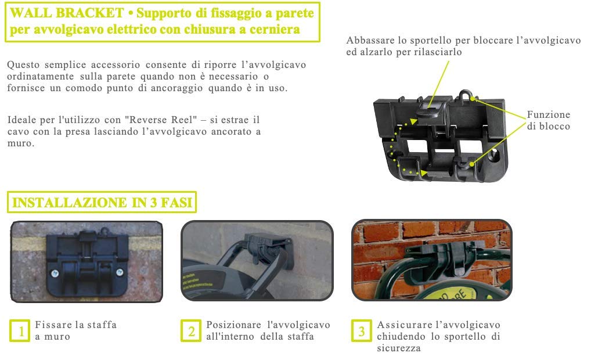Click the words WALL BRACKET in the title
point(67,13)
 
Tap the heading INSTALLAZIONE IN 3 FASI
point(102,203)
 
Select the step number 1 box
point(20,331)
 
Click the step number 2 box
point(191,331)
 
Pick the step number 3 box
point(362,331)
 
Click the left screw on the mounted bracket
point(55,273)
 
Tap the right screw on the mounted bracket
point(120,272)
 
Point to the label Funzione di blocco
point(549,120)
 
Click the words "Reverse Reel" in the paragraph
point(161,120)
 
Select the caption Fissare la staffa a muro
point(75,330)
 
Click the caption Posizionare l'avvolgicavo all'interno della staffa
point(268,330)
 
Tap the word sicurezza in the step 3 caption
point(398,348)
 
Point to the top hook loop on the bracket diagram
point(465,95)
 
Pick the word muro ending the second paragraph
point(21,143)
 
